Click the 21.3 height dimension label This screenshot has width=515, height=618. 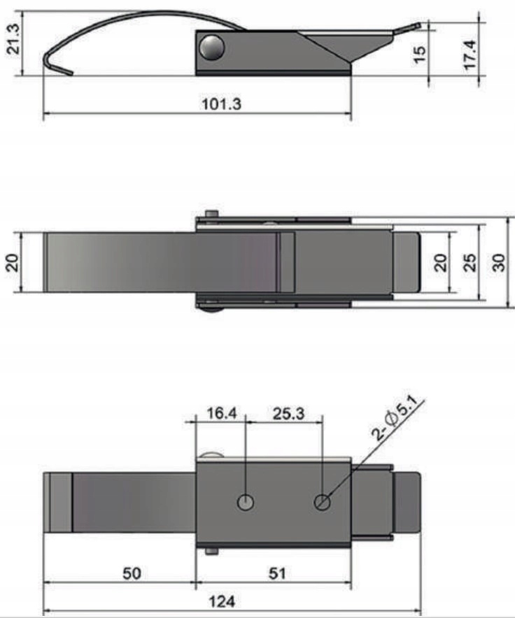tap(13, 39)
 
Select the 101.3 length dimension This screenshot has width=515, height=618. tap(221, 104)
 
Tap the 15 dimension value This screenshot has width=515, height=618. tap(421, 54)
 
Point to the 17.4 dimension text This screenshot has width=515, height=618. tap(470, 55)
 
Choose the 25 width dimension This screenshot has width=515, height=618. tap(470, 263)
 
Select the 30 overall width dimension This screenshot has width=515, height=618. tap(499, 263)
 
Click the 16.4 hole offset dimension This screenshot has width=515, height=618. tap(221, 413)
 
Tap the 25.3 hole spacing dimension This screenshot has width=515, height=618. tap(288, 413)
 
